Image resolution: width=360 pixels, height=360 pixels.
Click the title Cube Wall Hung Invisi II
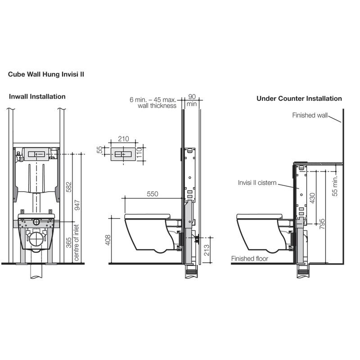(x=46, y=75)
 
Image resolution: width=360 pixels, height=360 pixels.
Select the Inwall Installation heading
(x=37, y=96)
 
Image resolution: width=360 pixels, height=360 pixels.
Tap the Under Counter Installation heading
(x=299, y=98)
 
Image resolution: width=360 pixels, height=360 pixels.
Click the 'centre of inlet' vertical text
(x=76, y=243)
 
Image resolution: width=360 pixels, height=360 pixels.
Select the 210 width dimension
(x=123, y=139)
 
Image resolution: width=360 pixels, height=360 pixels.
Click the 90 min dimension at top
(x=191, y=100)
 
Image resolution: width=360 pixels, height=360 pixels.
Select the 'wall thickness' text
(x=157, y=106)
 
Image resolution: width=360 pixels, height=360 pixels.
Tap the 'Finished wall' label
(x=310, y=115)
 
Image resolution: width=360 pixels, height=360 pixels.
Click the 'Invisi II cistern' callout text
(x=257, y=183)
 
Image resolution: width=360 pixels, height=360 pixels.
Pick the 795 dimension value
(x=322, y=224)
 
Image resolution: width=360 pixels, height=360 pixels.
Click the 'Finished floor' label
(x=249, y=258)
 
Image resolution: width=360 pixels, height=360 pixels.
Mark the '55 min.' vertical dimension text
(x=335, y=185)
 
